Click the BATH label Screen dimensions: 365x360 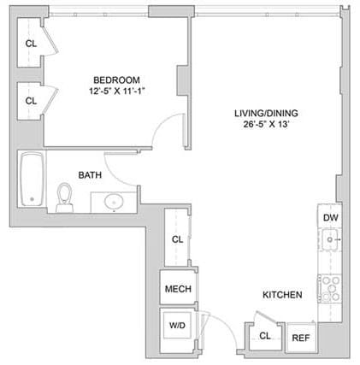(x=90, y=175)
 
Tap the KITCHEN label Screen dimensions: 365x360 (x=282, y=295)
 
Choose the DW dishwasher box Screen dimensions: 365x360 (x=330, y=219)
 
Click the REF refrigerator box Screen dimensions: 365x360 (x=301, y=338)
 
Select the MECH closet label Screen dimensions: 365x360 (x=177, y=289)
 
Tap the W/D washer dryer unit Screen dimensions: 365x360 (x=177, y=326)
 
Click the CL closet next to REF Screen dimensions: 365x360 (x=265, y=337)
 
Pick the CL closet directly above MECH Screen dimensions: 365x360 (x=177, y=240)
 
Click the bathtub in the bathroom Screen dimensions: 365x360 (x=32, y=180)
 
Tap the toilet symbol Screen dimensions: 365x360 (x=65, y=197)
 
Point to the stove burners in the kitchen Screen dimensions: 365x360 (x=330, y=286)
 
